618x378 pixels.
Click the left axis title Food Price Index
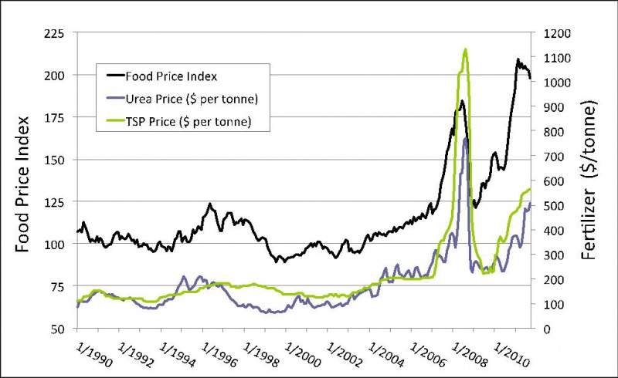[x=24, y=180]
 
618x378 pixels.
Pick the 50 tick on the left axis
[x=58, y=329]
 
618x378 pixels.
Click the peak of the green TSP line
[x=465, y=49]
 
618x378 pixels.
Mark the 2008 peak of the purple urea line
[x=466, y=139]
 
